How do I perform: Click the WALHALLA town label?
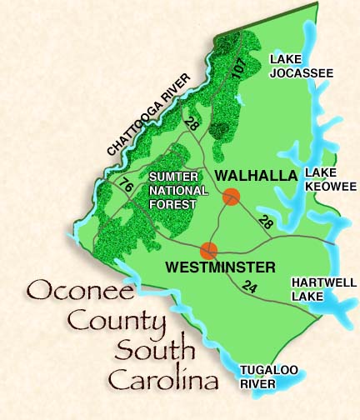click(256, 175)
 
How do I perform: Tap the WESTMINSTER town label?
click(220, 267)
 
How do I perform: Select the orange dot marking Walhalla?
click(232, 197)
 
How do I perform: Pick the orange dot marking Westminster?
click(209, 249)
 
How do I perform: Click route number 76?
click(126, 183)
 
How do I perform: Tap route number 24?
click(247, 287)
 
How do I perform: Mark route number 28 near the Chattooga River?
click(192, 125)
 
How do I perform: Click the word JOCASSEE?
click(300, 73)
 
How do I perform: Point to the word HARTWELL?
click(323, 282)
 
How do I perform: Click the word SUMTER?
click(172, 177)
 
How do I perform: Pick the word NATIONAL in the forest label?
click(174, 191)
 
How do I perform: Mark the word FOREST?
click(173, 204)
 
